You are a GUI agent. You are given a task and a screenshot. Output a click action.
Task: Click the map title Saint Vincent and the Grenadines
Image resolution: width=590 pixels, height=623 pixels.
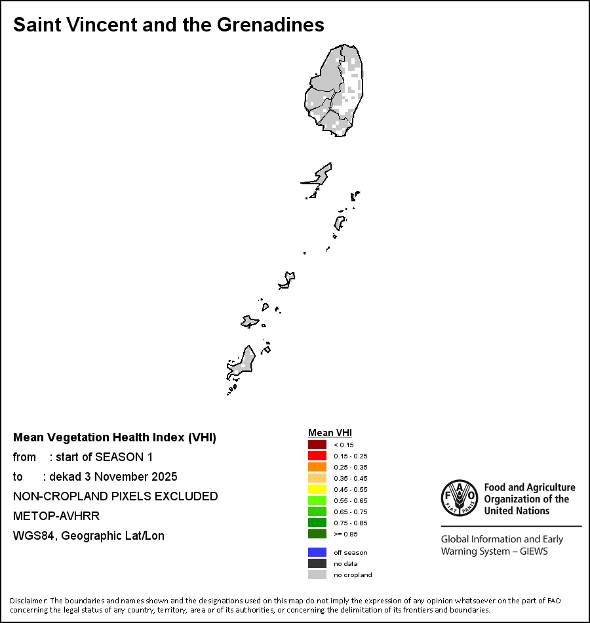tap(168, 25)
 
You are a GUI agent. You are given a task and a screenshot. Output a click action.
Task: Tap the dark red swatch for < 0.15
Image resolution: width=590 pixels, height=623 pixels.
tap(317, 445)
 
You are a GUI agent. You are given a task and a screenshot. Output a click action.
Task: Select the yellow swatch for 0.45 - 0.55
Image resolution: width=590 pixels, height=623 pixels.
tap(317, 489)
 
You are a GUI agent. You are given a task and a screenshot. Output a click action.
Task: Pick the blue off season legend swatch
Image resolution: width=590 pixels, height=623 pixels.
tap(317, 552)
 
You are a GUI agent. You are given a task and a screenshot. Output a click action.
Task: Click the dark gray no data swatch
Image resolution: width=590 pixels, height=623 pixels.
tap(317, 563)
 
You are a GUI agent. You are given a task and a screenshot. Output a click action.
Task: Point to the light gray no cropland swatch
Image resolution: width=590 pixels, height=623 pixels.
tap(317, 574)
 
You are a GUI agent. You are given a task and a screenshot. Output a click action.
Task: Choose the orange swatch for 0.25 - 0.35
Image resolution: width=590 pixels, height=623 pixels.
tap(317, 467)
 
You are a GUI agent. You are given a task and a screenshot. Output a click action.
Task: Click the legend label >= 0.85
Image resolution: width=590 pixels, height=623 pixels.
tap(343, 534)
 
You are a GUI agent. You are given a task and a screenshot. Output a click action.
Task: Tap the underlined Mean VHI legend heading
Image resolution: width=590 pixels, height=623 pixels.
tap(330, 433)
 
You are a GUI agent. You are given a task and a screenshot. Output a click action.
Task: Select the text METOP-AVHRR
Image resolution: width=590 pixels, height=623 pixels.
tap(56, 516)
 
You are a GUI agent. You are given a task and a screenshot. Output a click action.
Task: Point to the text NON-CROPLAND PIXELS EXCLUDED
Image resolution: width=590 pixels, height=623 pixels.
tap(115, 496)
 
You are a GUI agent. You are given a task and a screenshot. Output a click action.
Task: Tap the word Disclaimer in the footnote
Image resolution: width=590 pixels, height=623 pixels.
tap(28, 601)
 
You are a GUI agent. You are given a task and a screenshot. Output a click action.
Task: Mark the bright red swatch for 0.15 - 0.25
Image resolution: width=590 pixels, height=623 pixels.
tap(317, 456)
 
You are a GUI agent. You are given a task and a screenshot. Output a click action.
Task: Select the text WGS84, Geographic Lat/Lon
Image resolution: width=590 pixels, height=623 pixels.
tap(88, 536)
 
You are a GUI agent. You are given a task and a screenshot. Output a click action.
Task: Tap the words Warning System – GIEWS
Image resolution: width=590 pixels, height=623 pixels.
tap(494, 551)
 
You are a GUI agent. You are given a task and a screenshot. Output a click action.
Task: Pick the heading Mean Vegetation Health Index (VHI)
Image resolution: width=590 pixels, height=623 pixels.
tap(115, 437)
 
